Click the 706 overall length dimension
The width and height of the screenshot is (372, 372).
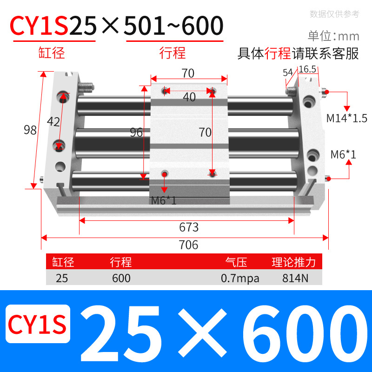pyautogui.click(x=188, y=245)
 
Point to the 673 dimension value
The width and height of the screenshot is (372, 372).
pyautogui.click(x=189, y=227)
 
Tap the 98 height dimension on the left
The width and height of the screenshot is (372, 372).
pyautogui.click(x=30, y=130)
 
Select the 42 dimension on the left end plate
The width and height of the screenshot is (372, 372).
pyautogui.click(x=53, y=122)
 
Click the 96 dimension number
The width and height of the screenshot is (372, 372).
pyautogui.click(x=136, y=133)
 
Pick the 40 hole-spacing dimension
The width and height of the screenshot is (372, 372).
pyautogui.click(x=189, y=97)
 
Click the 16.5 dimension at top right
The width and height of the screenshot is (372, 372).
pyautogui.click(x=307, y=69)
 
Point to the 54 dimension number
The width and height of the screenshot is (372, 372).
pyautogui.click(x=287, y=73)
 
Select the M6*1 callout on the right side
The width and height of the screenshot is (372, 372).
pyautogui.click(x=343, y=154)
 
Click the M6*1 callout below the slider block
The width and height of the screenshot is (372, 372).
pyautogui.click(x=164, y=201)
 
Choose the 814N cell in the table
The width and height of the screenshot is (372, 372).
pyautogui.click(x=293, y=279)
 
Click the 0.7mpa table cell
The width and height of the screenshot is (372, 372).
pyautogui.click(x=240, y=279)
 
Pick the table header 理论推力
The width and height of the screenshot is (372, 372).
pyautogui.click(x=293, y=263)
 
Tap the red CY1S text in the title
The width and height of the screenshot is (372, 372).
pyautogui.click(x=40, y=27)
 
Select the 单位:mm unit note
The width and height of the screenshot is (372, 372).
pyautogui.click(x=333, y=36)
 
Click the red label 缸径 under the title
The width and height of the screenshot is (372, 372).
pyautogui.click(x=52, y=53)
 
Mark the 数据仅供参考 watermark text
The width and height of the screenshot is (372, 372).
pyautogui.click(x=334, y=14)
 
